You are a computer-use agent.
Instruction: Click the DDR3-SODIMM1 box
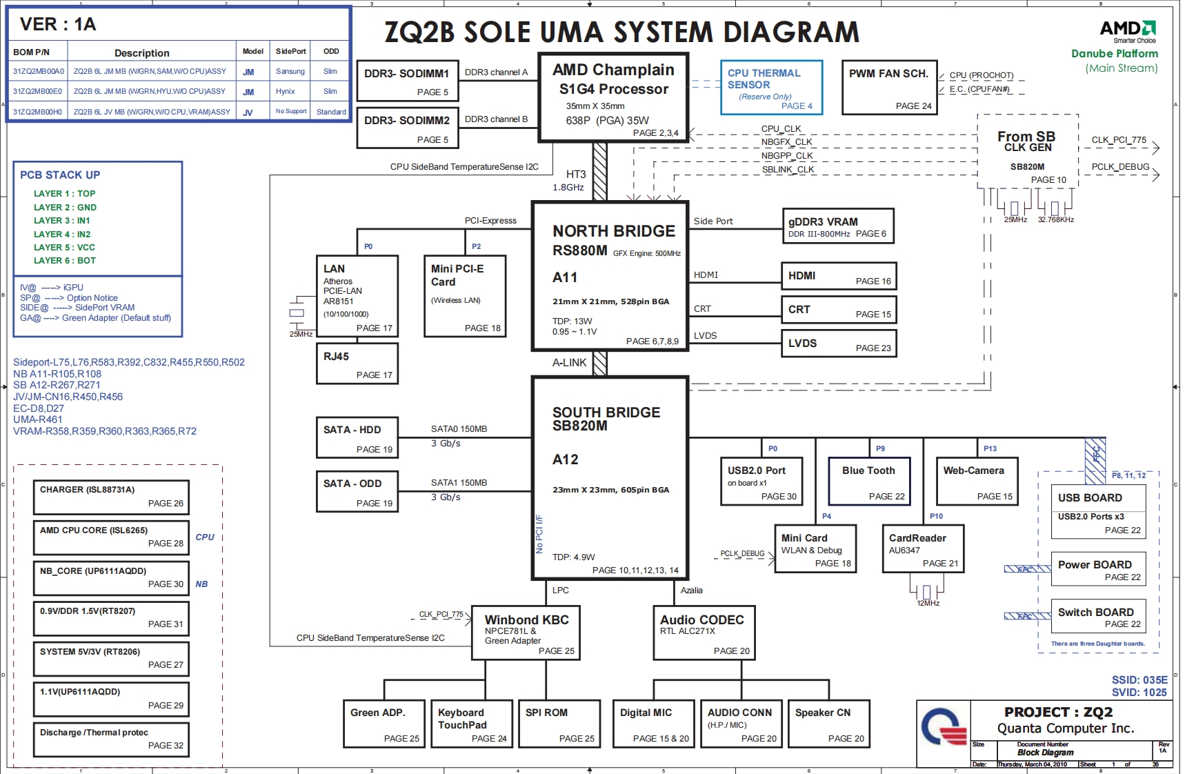click(407, 81)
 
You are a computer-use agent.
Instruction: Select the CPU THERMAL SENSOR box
click(771, 88)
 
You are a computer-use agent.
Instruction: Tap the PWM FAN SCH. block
click(889, 88)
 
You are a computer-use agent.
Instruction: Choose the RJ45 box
click(357, 365)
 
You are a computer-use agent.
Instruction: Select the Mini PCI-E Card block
click(465, 296)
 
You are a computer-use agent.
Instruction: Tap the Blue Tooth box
click(869, 481)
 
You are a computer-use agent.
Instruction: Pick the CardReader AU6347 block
click(923, 548)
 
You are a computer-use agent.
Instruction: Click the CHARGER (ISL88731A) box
click(111, 497)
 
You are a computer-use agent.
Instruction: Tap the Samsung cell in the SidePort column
click(290, 72)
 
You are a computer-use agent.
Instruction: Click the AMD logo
click(1127, 29)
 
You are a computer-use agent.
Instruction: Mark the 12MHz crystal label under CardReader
click(928, 604)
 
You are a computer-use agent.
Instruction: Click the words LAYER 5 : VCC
click(64, 248)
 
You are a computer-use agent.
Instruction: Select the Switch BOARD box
click(1098, 617)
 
